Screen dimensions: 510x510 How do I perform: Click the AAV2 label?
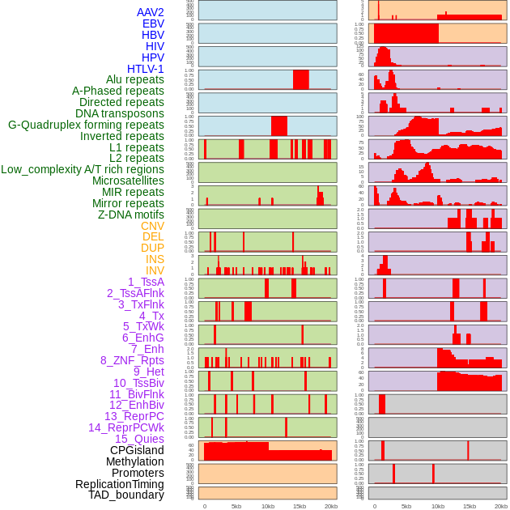click(151, 12)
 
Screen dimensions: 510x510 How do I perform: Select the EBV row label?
click(153, 23)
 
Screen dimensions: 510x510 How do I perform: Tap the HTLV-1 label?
click(146, 69)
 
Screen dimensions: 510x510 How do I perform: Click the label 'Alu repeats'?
click(135, 79)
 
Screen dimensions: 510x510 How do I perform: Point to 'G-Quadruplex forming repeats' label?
click(86, 125)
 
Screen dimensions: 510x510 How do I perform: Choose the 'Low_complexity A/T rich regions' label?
click(83, 169)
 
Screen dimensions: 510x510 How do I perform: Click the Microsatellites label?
click(128, 181)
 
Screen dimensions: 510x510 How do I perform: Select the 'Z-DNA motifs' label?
click(131, 215)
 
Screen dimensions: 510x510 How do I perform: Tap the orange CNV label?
click(152, 226)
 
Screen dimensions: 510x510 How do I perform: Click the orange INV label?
click(155, 270)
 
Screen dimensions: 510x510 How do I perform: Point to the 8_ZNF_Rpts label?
click(132, 360)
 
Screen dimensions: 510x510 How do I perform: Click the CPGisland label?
click(137, 450)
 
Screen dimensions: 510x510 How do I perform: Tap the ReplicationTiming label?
click(120, 484)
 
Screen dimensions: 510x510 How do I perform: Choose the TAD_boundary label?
click(126, 495)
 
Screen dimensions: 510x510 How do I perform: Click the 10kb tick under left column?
click(268, 506)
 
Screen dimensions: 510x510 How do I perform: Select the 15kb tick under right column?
click(470, 506)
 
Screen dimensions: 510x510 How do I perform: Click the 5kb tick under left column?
click(236, 506)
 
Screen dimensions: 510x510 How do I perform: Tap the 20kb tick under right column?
click(501, 506)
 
